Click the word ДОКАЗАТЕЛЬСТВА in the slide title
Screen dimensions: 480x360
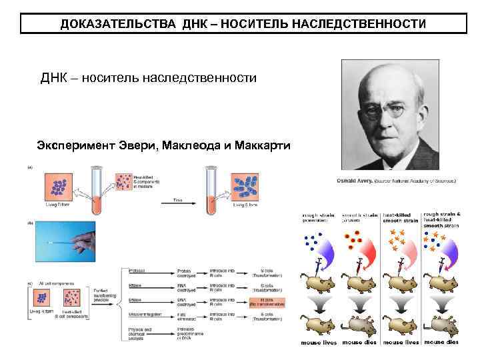coord(115,24)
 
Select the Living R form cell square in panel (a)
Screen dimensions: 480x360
coord(57,186)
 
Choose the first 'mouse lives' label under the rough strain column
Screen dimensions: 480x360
coord(320,343)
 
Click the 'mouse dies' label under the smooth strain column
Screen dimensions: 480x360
coord(361,343)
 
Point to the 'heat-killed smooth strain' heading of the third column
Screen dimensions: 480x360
coord(401,218)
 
